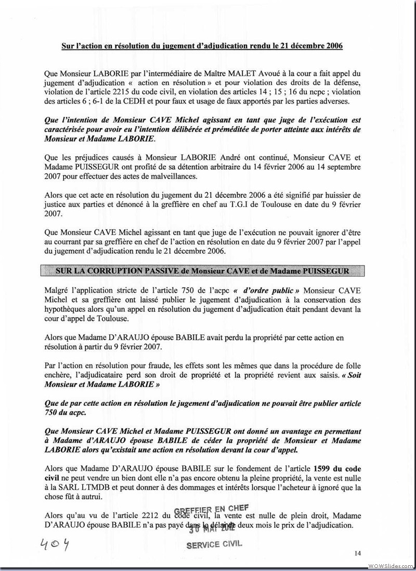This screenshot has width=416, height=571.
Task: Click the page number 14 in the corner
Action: (358, 552)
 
